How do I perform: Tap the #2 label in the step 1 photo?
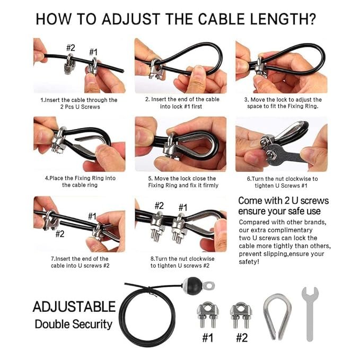coord(71,48)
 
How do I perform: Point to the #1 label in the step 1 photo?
coord(93,52)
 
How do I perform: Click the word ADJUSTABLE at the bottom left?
coord(74,306)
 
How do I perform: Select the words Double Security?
coord(74,324)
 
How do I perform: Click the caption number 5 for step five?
coord(150,179)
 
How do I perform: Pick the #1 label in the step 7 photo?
coord(92,216)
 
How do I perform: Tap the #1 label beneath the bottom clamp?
coord(207,338)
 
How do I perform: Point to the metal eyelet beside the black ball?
coord(208,286)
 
